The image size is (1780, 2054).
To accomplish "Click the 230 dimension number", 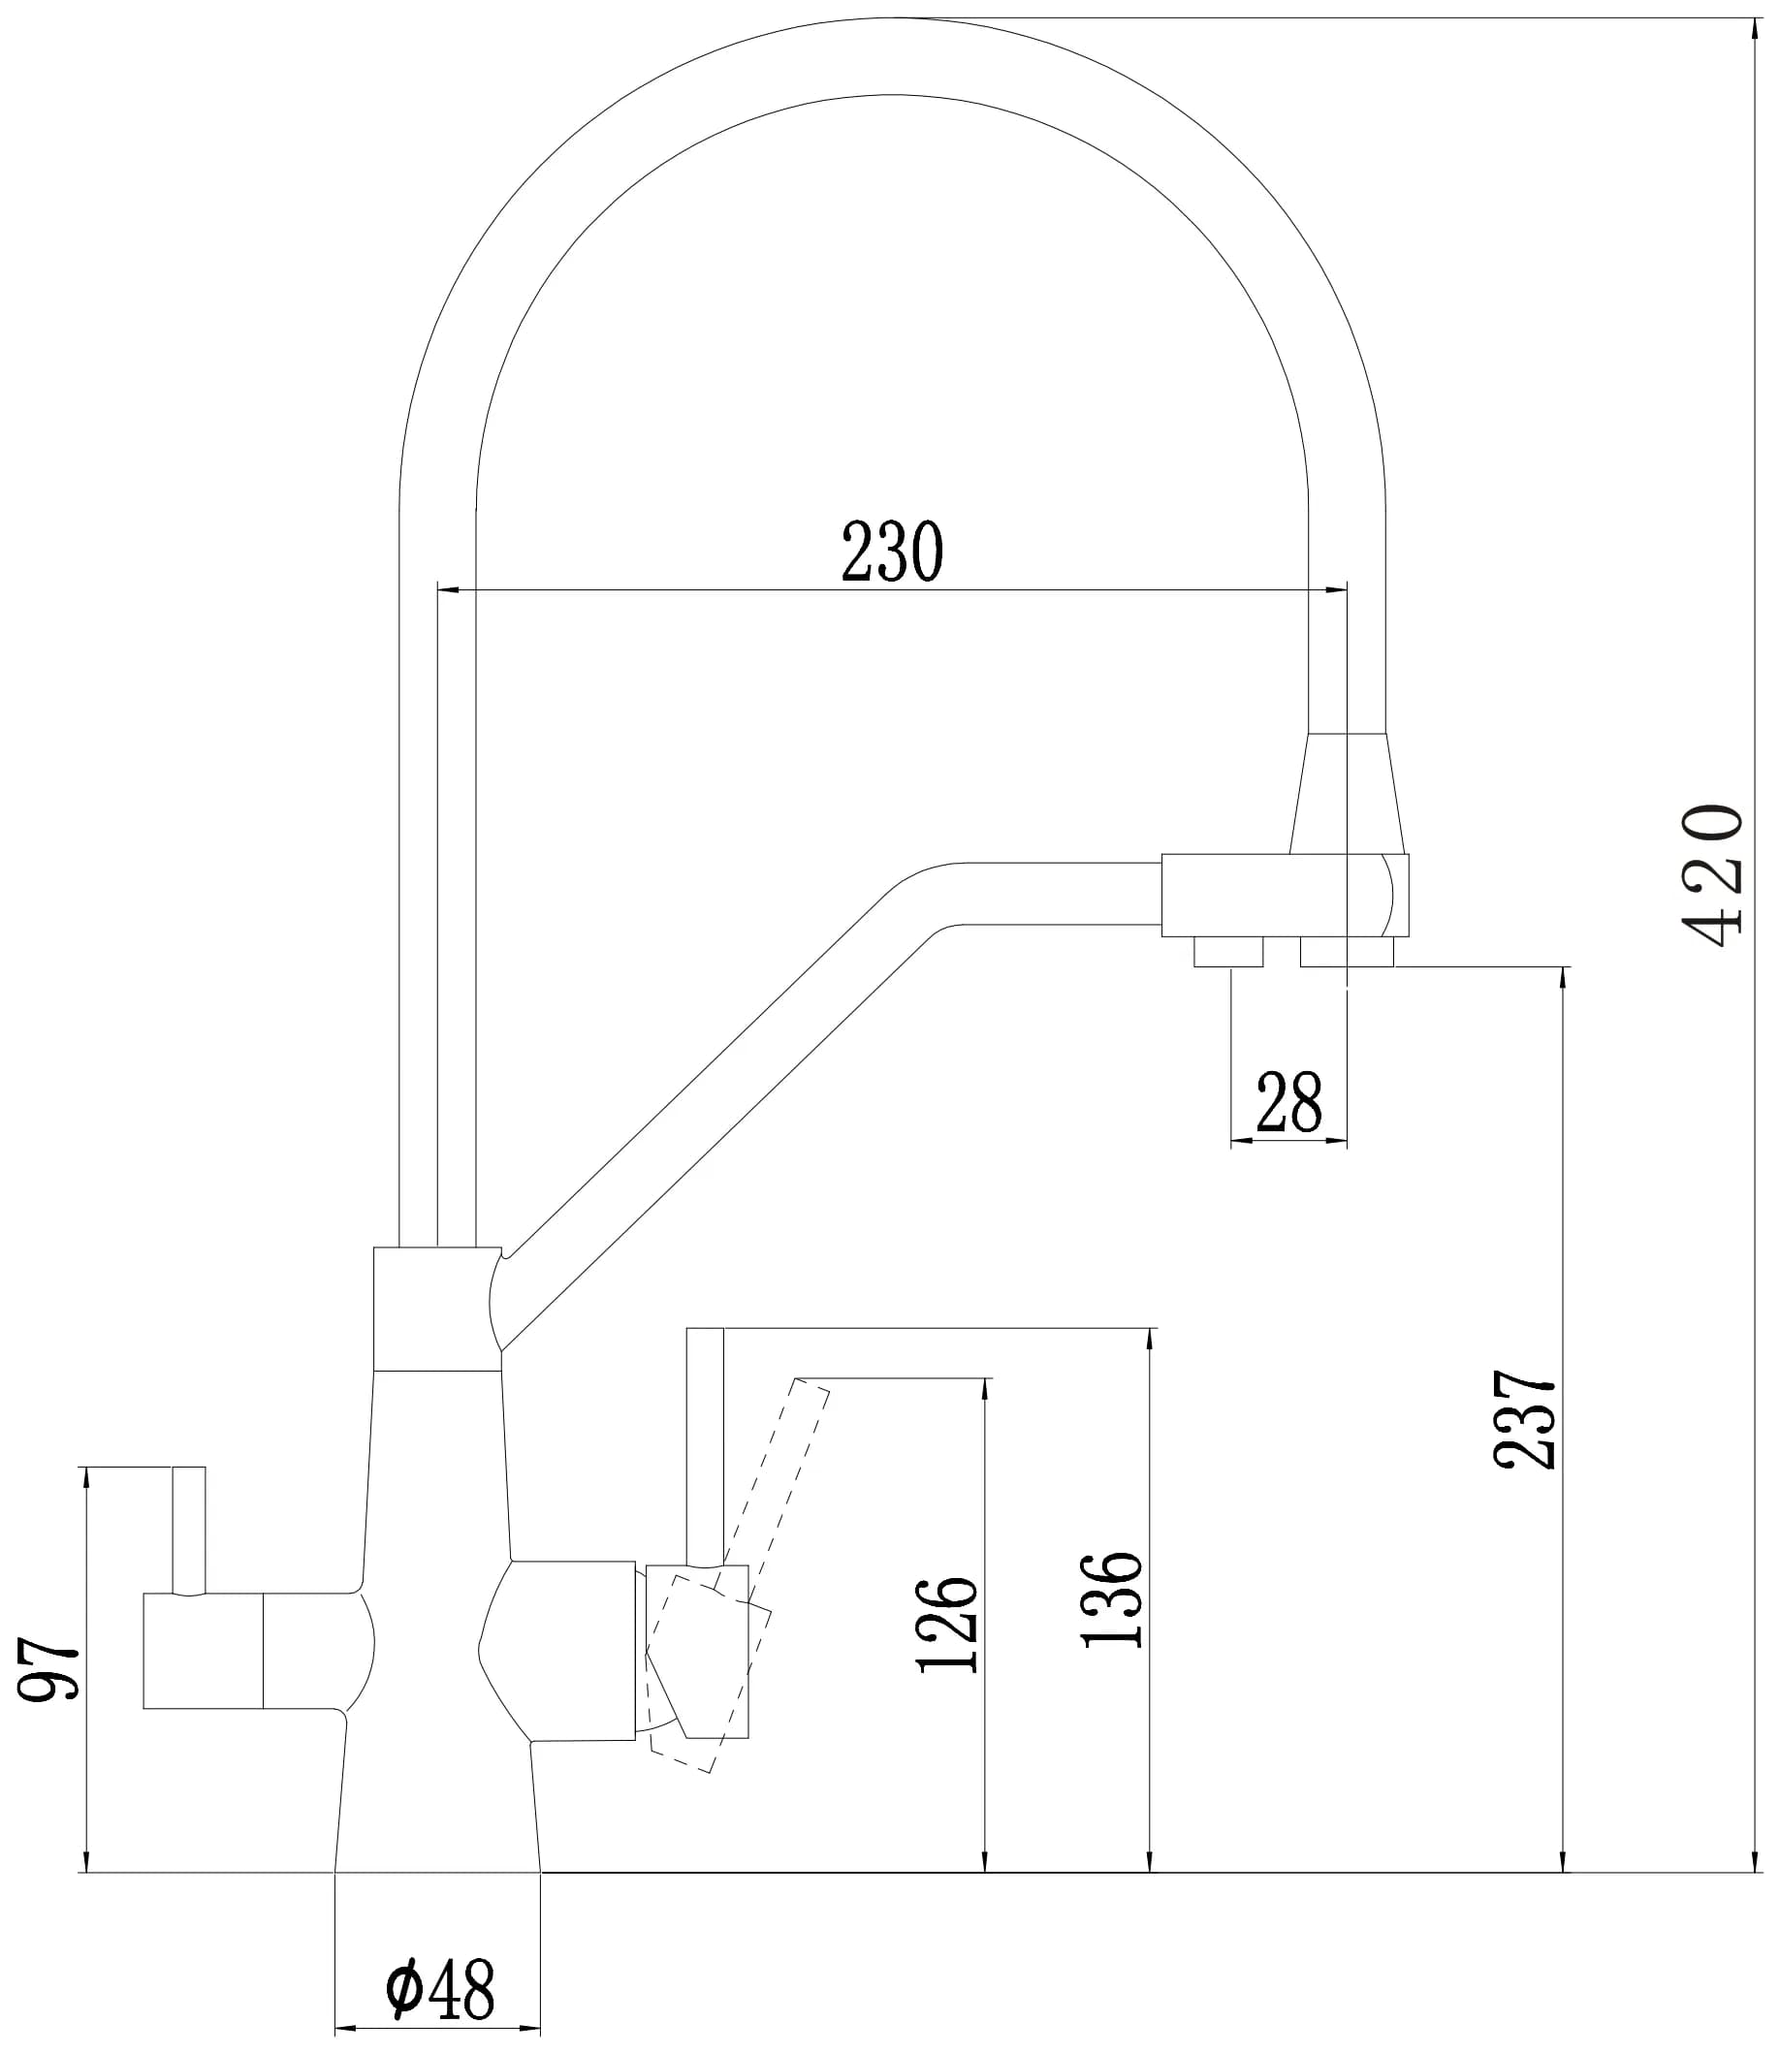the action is tap(891, 553).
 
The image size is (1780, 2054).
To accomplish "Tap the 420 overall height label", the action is tap(1711, 876).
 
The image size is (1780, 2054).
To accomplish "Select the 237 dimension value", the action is tap(1524, 1419).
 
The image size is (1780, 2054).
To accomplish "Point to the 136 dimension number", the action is tap(1113, 1600).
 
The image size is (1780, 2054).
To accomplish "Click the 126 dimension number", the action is tap(947, 1625).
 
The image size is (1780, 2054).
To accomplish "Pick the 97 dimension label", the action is tap(48, 1670).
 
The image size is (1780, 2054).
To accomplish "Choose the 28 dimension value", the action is tap(1288, 1102).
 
